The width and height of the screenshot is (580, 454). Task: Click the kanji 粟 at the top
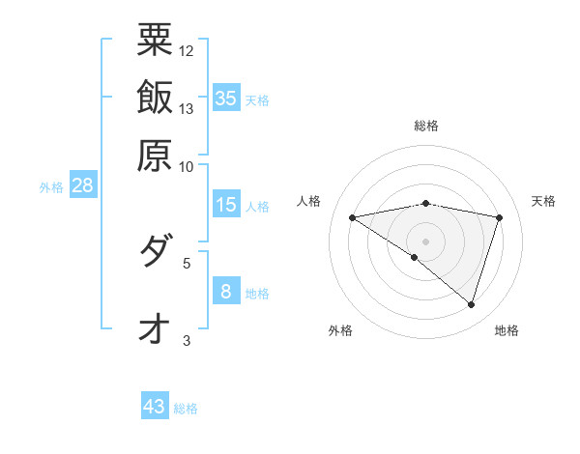[155, 40]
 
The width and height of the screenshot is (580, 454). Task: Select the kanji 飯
[155, 97]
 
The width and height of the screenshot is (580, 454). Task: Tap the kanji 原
[155, 154]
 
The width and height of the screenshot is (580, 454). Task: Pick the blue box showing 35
[226, 98]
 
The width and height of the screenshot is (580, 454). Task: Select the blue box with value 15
[226, 205]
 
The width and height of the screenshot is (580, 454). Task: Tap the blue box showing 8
[226, 291]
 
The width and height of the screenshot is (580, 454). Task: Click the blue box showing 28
[82, 185]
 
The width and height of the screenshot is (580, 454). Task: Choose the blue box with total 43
[155, 407]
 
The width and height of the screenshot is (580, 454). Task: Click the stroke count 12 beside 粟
[187, 50]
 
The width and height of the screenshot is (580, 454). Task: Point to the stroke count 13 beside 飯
[187, 108]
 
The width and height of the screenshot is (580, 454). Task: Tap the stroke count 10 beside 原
[187, 165]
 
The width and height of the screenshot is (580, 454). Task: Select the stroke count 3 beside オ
[187, 339]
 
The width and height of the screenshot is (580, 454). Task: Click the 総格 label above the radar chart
[426, 126]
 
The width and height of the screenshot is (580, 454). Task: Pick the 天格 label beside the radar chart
[544, 201]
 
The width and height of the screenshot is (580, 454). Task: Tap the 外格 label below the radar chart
[340, 331]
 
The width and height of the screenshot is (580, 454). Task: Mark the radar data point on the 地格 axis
[471, 304]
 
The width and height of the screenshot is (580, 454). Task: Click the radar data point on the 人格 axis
[353, 217]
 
